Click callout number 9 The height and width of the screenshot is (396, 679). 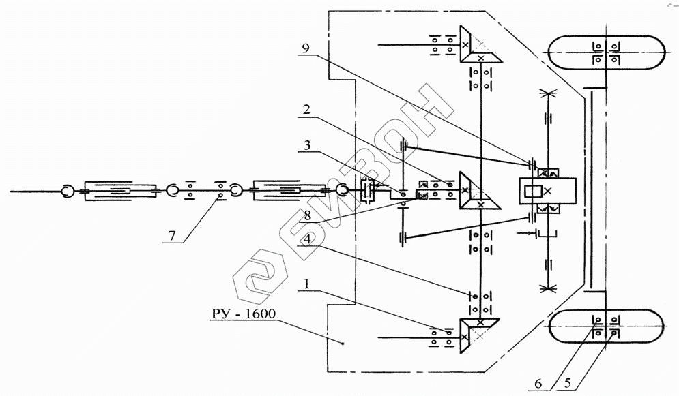[306, 48]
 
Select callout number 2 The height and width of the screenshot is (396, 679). [306, 109]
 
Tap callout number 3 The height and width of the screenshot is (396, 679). [307, 144]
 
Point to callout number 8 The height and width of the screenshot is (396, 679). [307, 215]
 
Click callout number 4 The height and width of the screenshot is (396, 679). [307, 239]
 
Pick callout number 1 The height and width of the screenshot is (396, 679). [307, 284]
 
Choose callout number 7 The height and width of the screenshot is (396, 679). [172, 236]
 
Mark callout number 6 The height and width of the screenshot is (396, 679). [538, 384]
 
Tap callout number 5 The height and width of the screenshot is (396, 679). [568, 383]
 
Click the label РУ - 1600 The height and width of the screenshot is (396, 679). [244, 314]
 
